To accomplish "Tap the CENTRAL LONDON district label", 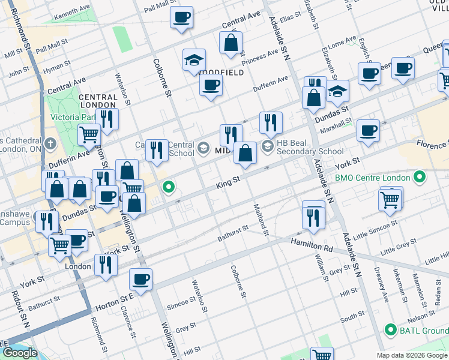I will [x=97, y=101].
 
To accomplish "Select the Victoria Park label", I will [x=73, y=116].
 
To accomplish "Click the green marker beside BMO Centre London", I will [x=420, y=178].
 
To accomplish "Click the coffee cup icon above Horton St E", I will [x=141, y=278].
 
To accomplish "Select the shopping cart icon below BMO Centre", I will [x=390, y=199].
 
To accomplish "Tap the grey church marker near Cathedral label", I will [x=50, y=144].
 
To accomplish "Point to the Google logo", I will [x=20, y=353].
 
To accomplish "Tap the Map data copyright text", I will [x=412, y=355].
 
